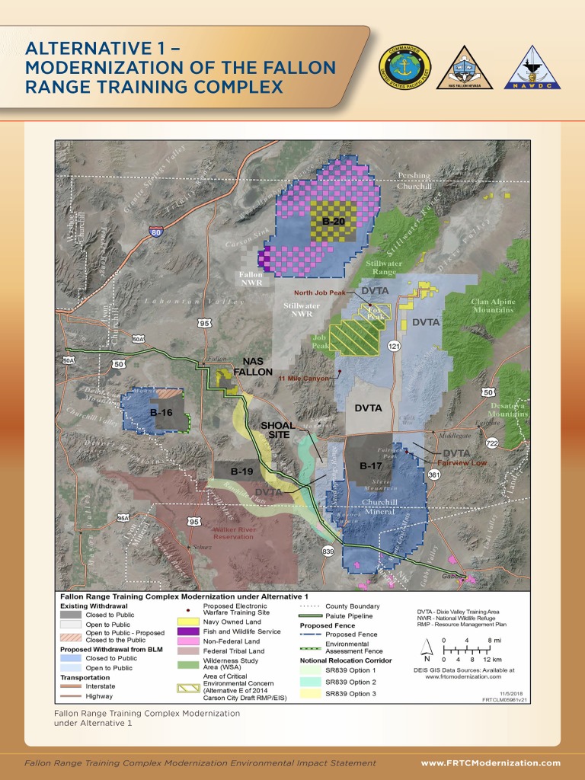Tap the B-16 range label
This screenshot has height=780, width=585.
(x=161, y=413)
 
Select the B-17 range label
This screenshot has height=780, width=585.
(x=370, y=465)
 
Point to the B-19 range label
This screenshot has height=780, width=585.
(x=242, y=472)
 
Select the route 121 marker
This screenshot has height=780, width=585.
(x=394, y=347)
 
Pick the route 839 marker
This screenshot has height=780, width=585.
(x=328, y=551)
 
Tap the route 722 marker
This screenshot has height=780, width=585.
(x=492, y=443)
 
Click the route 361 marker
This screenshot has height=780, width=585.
(x=434, y=475)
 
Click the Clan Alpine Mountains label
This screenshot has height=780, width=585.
(x=492, y=306)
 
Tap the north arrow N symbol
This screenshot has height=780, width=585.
(x=427, y=660)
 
